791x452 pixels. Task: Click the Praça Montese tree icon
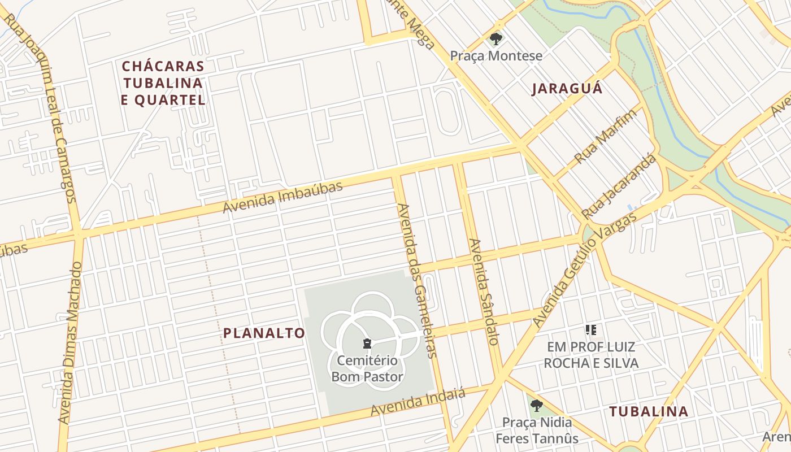496,39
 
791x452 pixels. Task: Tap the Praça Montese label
496,56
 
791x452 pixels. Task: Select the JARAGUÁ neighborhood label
567,89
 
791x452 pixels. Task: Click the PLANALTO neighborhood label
264,333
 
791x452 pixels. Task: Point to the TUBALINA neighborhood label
649,411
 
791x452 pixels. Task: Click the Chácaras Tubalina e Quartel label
163,83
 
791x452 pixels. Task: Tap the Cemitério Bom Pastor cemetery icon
367,344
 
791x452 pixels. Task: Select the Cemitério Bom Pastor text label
367,368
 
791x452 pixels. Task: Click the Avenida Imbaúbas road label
282,197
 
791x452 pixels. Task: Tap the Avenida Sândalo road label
484,292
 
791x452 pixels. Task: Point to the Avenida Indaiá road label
418,402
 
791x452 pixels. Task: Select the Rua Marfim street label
605,136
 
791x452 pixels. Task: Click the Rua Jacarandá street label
620,186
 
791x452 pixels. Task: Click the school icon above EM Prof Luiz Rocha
591,329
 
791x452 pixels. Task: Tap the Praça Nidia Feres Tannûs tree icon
536,405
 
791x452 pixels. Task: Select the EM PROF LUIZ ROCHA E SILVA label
591,355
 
